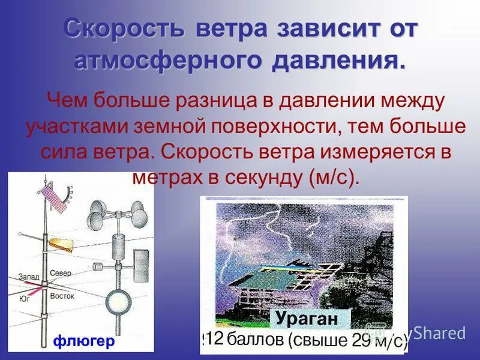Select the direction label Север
61,273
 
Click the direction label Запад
29,277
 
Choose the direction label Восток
62,296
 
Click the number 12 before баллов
215,340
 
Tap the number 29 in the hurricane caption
358,341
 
